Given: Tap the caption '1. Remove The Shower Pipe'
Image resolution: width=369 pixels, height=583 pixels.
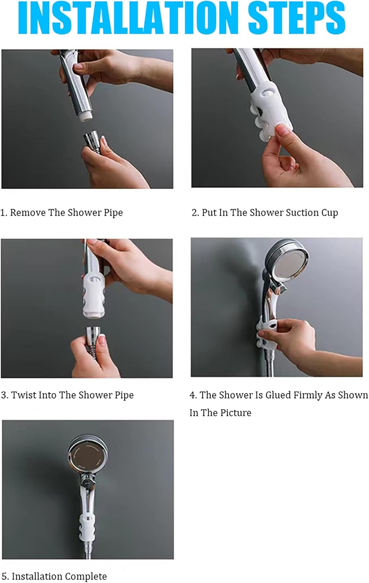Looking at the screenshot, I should click(x=62, y=213).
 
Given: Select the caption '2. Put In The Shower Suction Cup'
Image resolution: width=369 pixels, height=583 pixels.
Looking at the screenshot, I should click(x=265, y=213).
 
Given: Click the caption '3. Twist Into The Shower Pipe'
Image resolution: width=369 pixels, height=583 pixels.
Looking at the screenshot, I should click(x=67, y=395).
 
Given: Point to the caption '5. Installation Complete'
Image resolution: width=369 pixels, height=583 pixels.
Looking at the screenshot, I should click(x=54, y=576).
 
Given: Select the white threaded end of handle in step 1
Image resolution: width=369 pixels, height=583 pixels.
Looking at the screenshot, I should click(x=86, y=116).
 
